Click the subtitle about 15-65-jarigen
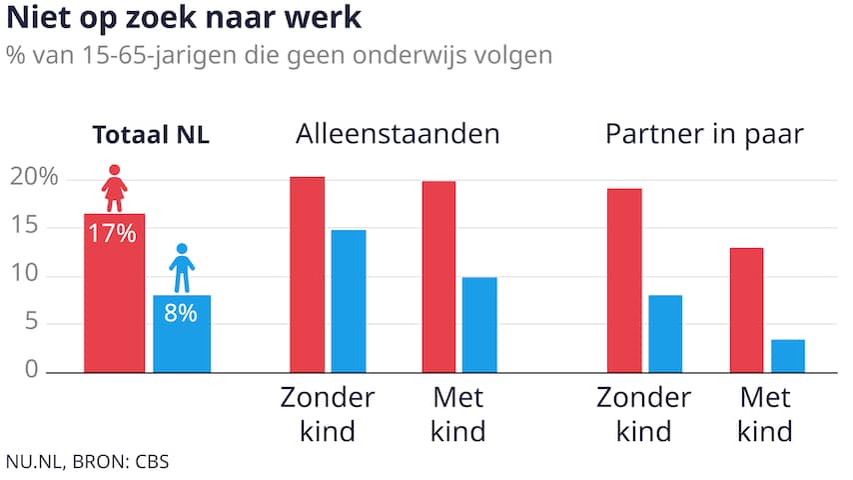[x=279, y=54]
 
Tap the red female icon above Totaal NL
[x=115, y=188]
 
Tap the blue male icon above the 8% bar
[x=182, y=268]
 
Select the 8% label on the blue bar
[x=182, y=313]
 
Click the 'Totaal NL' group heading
[x=151, y=137]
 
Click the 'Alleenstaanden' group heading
[x=397, y=135]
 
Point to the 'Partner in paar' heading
[x=704, y=135]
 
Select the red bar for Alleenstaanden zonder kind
[x=307, y=275]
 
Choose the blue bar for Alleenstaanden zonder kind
[x=349, y=301]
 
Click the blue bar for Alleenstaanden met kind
[x=479, y=325]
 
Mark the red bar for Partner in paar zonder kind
[x=624, y=281]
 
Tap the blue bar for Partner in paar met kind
[x=787, y=355]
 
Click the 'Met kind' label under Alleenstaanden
[x=458, y=415]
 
